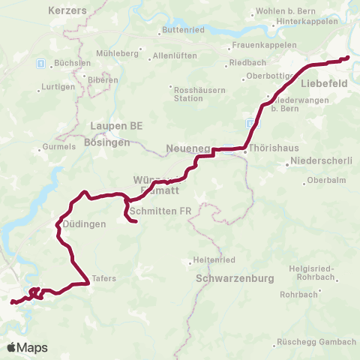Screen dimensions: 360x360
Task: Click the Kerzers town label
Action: (x=67, y=11)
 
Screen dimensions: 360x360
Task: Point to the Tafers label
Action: (x=106, y=277)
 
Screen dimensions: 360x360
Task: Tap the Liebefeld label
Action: (x=324, y=84)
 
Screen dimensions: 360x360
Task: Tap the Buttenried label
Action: (x=179, y=31)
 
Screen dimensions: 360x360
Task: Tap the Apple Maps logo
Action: (x=27, y=347)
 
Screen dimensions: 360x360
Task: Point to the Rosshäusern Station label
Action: (x=177, y=93)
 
